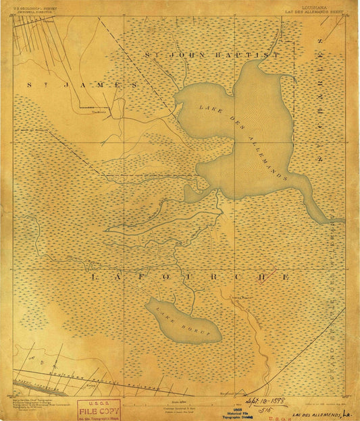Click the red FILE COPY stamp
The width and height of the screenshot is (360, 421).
tap(98, 409)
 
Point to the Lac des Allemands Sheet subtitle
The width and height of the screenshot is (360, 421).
tap(310, 12)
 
